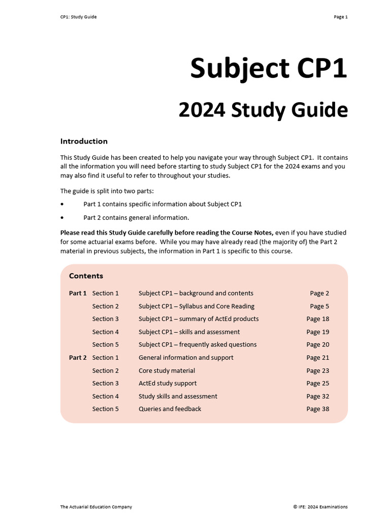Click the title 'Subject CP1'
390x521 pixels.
(x=269, y=68)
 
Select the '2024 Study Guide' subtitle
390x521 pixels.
(x=263, y=110)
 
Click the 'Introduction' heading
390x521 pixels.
(x=84, y=141)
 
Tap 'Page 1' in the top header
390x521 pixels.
(x=340, y=17)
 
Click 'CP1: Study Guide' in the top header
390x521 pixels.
(x=78, y=17)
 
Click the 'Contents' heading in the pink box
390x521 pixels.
(x=86, y=276)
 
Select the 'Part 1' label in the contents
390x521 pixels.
(x=78, y=293)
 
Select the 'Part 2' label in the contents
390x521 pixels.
(x=78, y=358)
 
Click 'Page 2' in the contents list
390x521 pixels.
(x=319, y=293)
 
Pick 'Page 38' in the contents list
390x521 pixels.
(x=317, y=409)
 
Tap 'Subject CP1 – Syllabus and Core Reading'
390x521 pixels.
(x=197, y=306)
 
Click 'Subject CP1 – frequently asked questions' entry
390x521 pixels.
(x=198, y=344)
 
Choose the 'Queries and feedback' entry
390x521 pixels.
(x=170, y=409)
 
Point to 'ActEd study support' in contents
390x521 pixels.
(x=168, y=383)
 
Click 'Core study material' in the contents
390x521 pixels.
(x=167, y=370)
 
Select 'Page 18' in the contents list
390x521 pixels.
(x=317, y=319)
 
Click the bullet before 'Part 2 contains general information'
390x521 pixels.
(x=62, y=218)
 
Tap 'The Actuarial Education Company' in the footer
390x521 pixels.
(x=96, y=507)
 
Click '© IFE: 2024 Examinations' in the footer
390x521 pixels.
(x=320, y=507)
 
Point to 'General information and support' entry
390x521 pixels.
(x=186, y=358)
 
